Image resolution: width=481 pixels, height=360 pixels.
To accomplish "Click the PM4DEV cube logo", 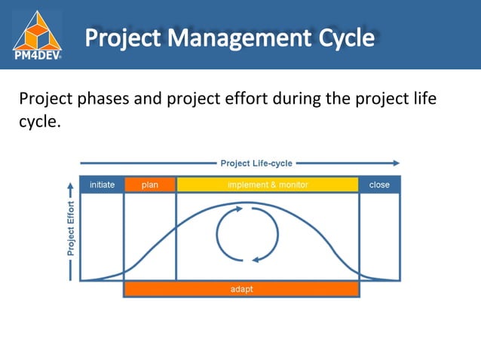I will click(x=37, y=28).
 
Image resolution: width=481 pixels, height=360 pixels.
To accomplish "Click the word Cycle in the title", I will click(x=337, y=37).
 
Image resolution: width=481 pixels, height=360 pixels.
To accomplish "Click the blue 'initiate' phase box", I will click(x=102, y=185).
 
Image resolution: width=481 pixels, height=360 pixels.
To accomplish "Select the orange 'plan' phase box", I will click(x=150, y=185).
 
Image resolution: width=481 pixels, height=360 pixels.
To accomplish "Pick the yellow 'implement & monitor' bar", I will click(x=268, y=185).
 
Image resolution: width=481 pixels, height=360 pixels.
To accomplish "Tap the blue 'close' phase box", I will click(x=379, y=185).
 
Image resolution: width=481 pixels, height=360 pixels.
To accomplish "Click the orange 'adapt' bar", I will click(x=241, y=288).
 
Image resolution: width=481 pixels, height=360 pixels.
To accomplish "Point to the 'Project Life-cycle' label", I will click(x=256, y=163).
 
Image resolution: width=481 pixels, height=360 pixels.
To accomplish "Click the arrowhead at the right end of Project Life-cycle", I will click(x=396, y=163).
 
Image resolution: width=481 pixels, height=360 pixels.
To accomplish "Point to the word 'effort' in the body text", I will click(x=254, y=99).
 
